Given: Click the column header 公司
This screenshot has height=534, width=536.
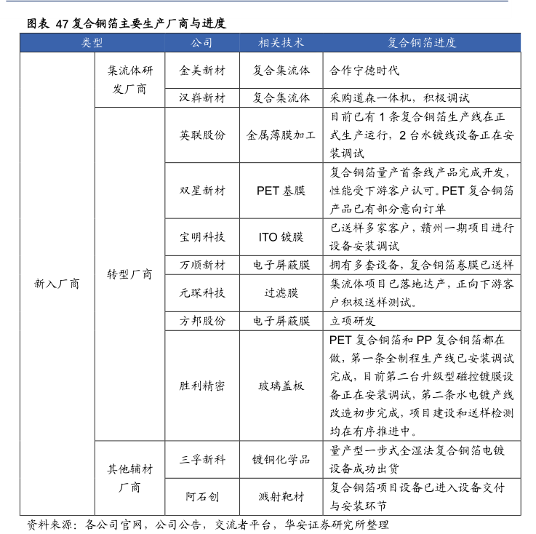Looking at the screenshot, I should [202, 43].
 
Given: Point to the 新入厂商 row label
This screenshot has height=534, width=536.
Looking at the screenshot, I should [57, 284].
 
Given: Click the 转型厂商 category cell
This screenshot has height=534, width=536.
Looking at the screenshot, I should [130, 274].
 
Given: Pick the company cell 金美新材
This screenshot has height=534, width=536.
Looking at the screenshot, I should [202, 71].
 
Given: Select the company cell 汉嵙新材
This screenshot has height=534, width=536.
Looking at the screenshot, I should [202, 97].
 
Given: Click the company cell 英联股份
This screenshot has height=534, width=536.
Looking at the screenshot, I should [202, 135].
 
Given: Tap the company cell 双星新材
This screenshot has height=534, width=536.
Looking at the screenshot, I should [202, 191].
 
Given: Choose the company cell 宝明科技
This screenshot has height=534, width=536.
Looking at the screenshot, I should [202, 237].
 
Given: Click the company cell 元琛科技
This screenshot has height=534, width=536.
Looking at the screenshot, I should [202, 293].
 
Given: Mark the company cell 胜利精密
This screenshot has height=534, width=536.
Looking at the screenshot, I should [202, 386].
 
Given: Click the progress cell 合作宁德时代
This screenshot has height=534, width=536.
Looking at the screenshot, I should [364, 71].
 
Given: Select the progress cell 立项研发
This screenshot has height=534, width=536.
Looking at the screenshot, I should [353, 321].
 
